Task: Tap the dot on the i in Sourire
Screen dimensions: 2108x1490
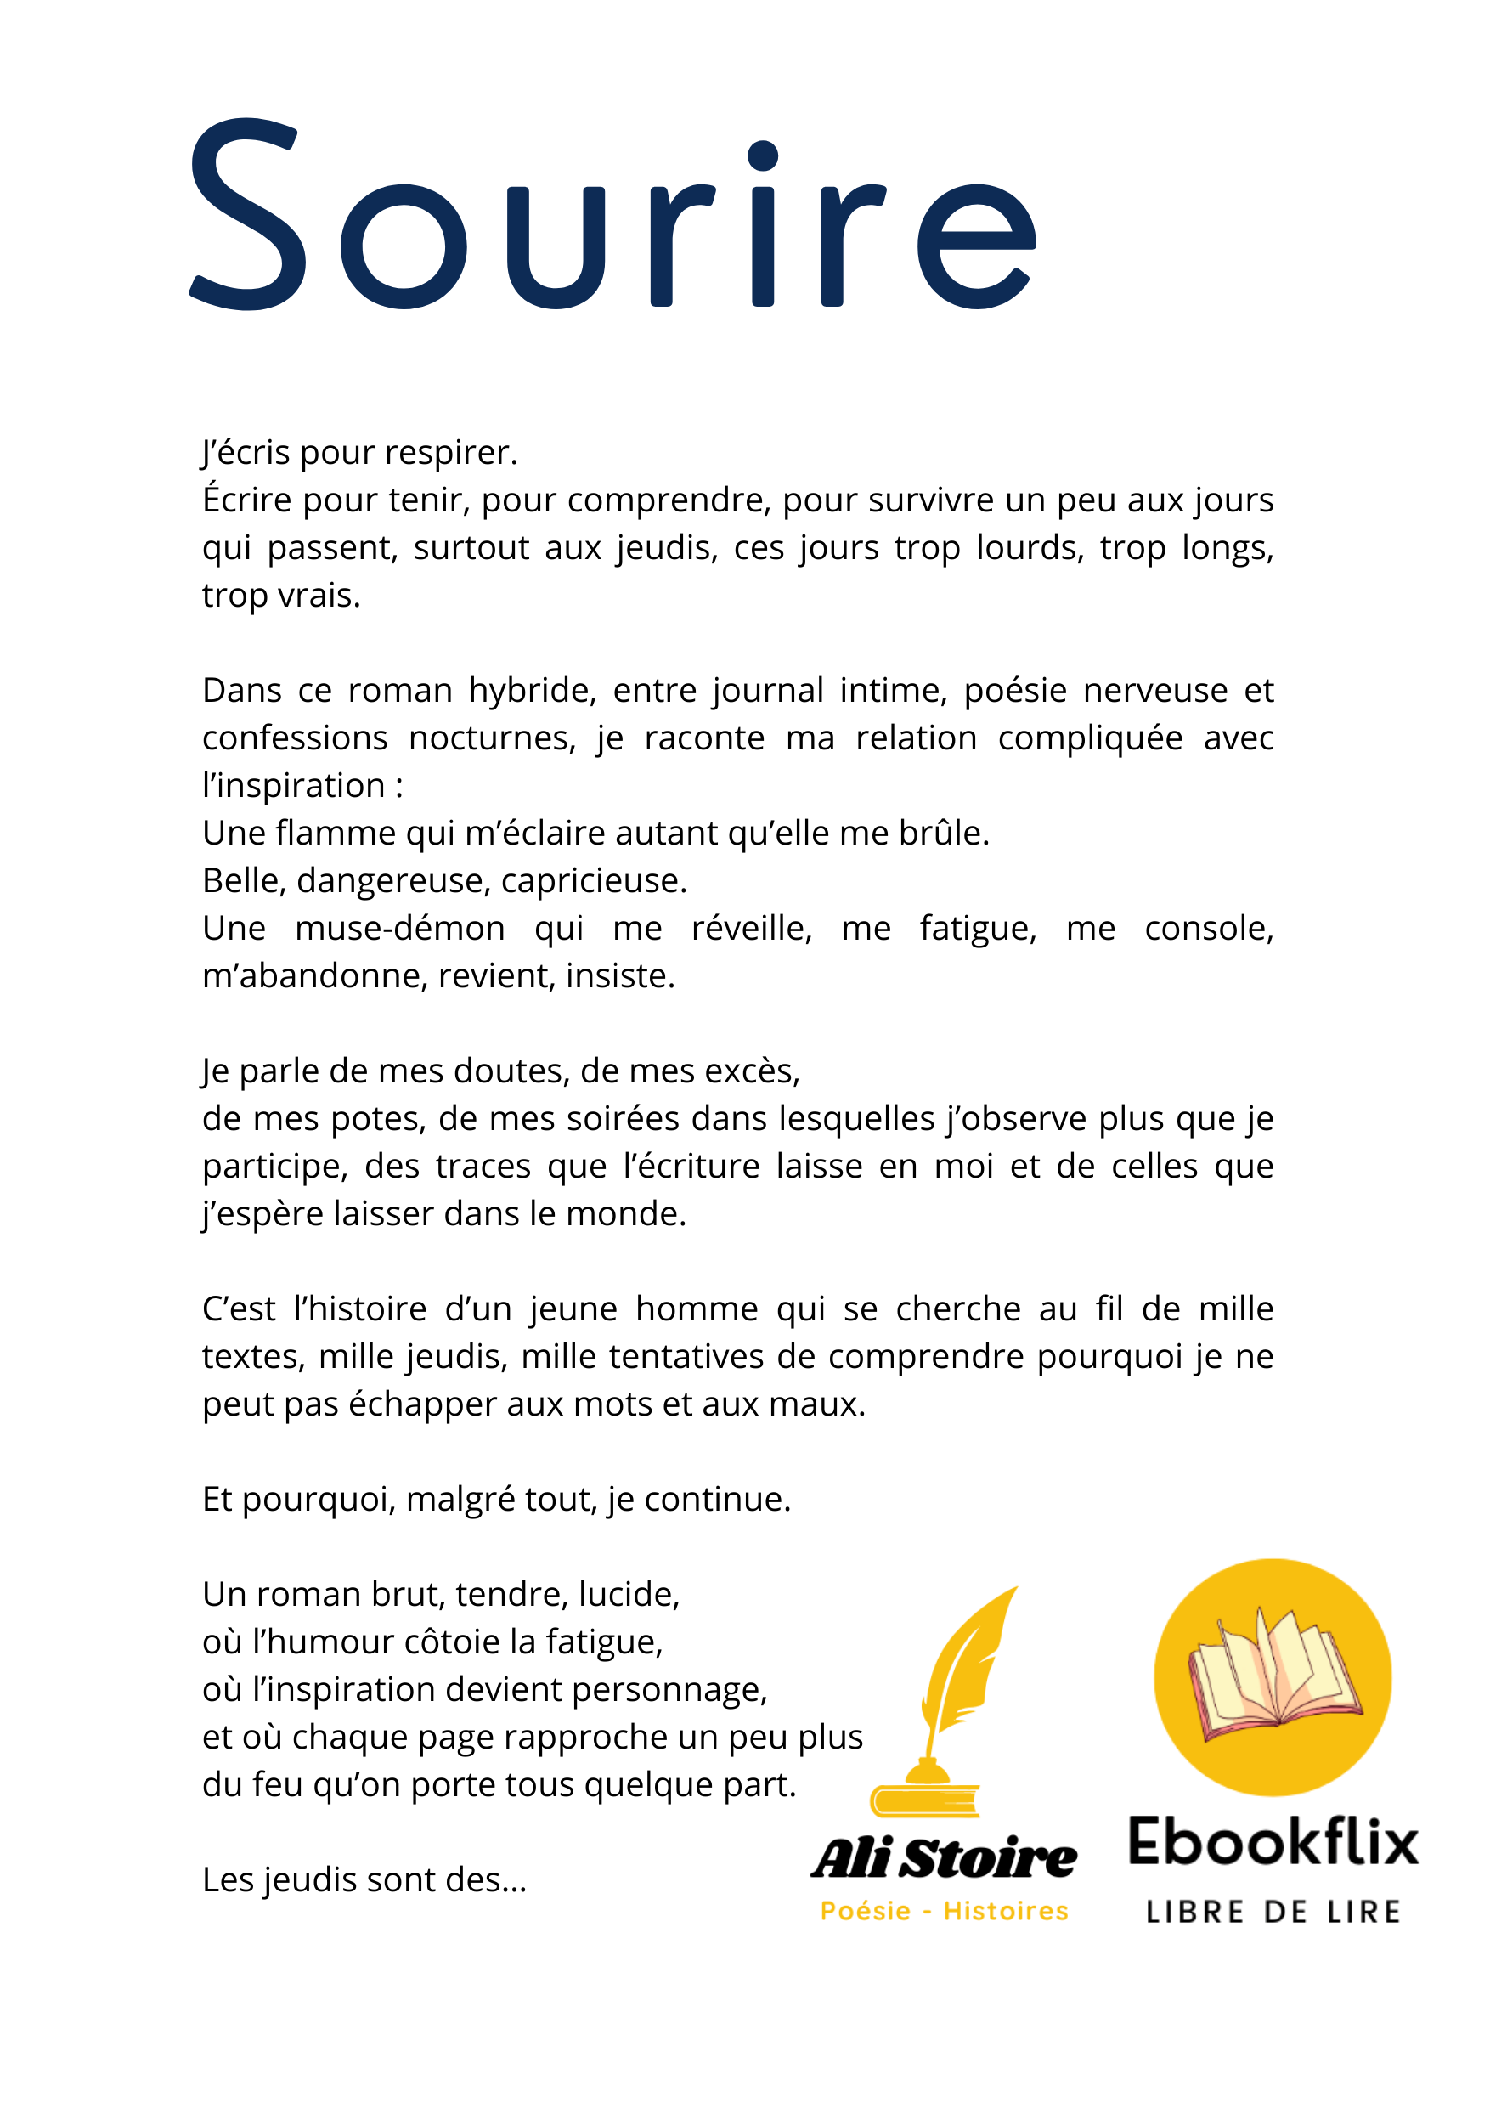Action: point(763,156)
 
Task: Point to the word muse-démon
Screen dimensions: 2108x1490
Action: point(399,928)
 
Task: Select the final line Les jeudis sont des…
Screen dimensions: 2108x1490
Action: point(364,1880)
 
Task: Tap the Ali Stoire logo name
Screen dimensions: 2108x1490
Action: point(945,1857)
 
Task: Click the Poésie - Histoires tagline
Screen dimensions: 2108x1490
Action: point(945,1912)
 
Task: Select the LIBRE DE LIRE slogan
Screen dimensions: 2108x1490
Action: point(1273,1913)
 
